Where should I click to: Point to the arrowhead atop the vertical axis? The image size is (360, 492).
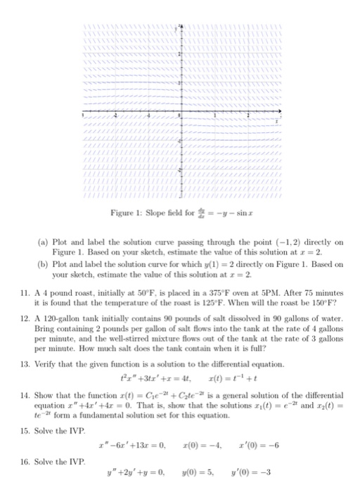pyautogui.click(x=179, y=25)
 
